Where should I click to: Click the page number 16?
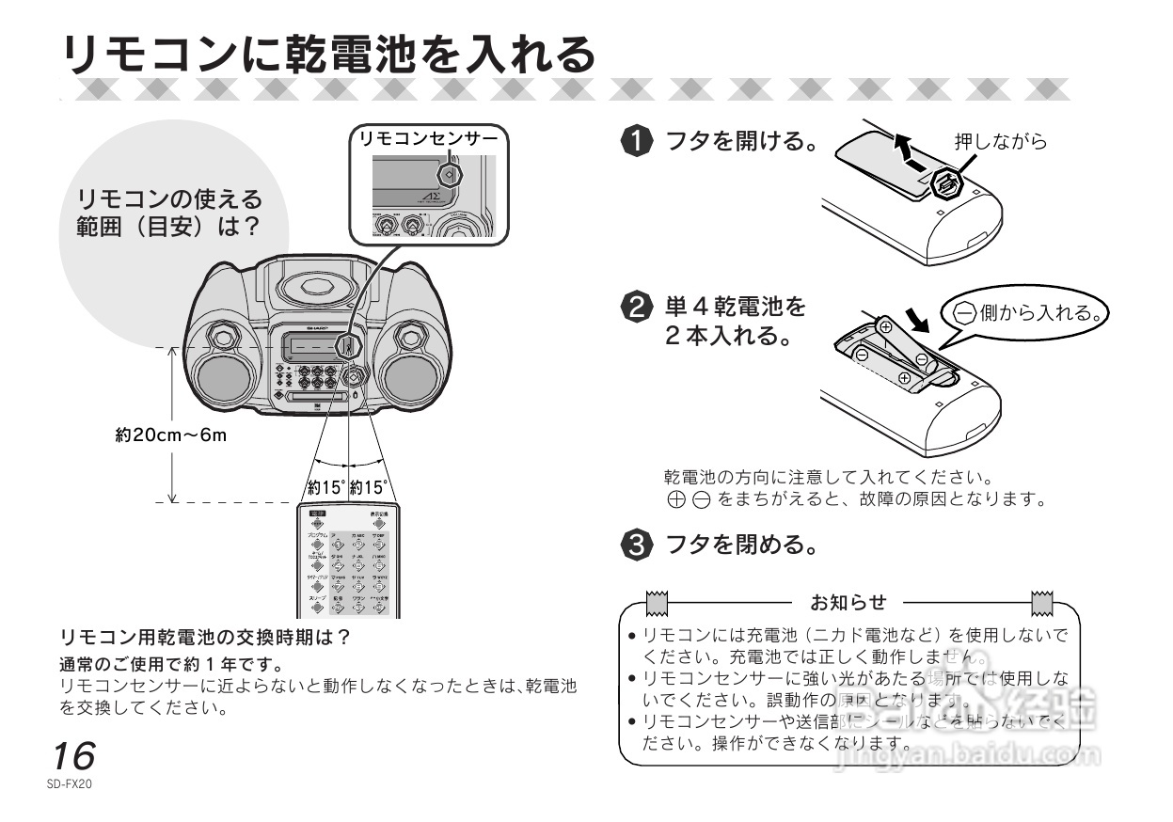tap(73, 756)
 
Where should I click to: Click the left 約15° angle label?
tap(326, 488)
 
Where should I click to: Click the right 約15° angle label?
tap(368, 488)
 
